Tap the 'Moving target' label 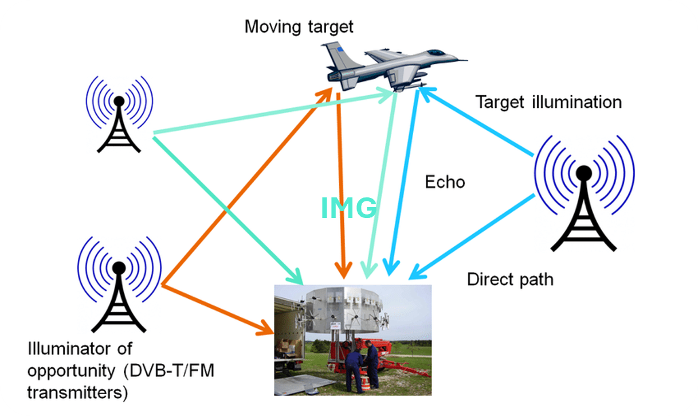[299, 26]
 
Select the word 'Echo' [445, 182]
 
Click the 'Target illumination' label [548, 102]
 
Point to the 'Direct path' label [510, 279]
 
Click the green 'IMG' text [349, 208]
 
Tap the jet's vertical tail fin [336, 53]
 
